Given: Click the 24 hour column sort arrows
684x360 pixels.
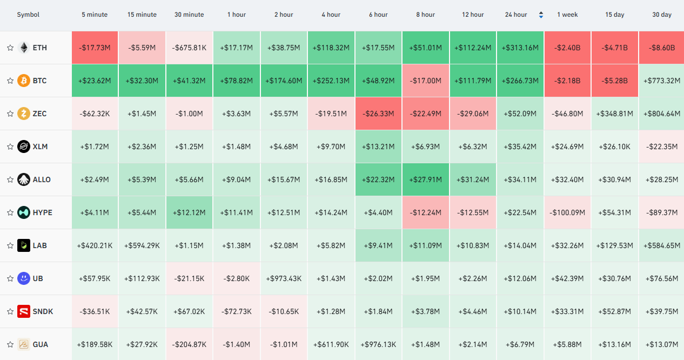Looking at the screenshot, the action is click(x=541, y=15).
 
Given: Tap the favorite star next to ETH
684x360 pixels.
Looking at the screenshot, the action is click(x=10, y=48).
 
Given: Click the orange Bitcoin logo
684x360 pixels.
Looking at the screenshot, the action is click(x=24, y=81).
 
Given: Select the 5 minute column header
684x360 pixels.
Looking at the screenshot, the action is click(x=95, y=15).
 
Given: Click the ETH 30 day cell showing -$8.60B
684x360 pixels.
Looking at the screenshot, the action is click(x=661, y=48).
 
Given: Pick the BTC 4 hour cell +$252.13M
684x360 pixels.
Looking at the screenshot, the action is click(x=331, y=81).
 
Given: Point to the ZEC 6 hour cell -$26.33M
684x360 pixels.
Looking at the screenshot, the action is click(x=378, y=114).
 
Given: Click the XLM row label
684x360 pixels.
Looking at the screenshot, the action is click(x=40, y=146).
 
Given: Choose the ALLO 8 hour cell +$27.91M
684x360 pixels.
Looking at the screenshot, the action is click(x=425, y=179).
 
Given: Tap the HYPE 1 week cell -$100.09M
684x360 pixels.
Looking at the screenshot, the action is click(x=567, y=212).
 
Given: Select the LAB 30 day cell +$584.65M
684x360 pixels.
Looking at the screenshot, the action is click(x=661, y=246).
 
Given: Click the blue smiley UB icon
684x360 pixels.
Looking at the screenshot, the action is click(x=24, y=278).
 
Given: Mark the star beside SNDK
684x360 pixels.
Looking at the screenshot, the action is click(x=10, y=311).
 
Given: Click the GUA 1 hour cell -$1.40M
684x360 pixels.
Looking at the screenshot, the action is click(x=236, y=344).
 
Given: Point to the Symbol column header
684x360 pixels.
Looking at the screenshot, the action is click(x=28, y=15).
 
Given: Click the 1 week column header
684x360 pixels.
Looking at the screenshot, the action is click(x=567, y=15).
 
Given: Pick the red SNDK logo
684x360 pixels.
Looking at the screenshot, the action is click(x=24, y=311).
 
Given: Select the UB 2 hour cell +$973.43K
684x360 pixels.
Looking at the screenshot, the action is click(x=284, y=279).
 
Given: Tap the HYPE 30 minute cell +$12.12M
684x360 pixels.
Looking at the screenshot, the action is click(x=189, y=212).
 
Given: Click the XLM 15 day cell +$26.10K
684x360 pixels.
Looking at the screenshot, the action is click(x=614, y=146).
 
